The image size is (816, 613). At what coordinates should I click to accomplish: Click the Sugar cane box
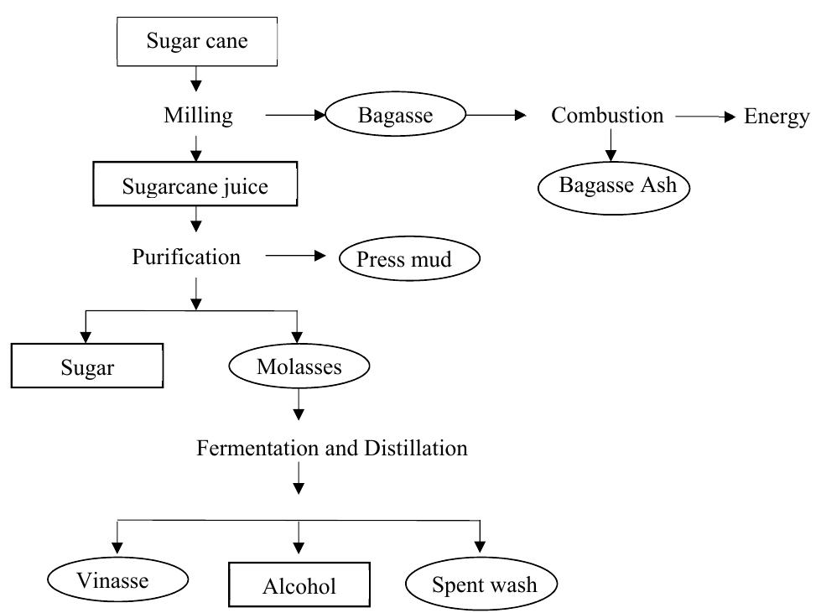(x=197, y=42)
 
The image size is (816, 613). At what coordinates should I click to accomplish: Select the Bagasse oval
(x=396, y=115)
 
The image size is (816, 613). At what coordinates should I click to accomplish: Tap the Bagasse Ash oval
(x=614, y=187)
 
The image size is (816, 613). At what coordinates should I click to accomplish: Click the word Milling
(x=198, y=116)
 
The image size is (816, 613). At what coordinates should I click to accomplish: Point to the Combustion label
(x=607, y=115)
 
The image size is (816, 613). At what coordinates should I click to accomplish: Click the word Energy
(x=777, y=117)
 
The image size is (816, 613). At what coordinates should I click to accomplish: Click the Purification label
(x=186, y=257)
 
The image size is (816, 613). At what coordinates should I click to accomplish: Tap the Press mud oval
(x=409, y=258)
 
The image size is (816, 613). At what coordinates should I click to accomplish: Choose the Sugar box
(x=87, y=366)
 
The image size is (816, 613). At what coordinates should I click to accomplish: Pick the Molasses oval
(x=299, y=366)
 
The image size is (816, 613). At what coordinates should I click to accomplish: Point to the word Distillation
(x=416, y=448)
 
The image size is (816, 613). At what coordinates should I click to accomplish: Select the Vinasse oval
(x=117, y=579)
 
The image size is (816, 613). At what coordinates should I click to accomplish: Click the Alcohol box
(x=299, y=584)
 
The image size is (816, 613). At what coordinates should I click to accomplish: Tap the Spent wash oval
(x=481, y=584)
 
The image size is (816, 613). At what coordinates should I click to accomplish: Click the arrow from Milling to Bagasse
(x=295, y=115)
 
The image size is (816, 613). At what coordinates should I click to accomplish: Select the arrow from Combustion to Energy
(x=705, y=117)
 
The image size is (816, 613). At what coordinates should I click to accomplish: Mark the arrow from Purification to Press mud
(x=295, y=256)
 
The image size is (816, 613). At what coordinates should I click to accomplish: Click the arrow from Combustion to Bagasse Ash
(x=611, y=145)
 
